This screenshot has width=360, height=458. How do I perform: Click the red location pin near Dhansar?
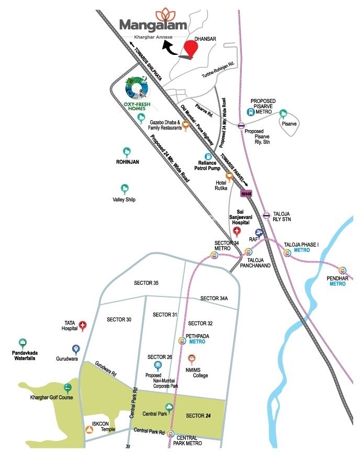click(192, 49)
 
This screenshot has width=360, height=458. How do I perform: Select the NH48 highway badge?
click(245, 193)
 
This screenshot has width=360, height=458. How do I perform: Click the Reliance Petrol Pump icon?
click(208, 156)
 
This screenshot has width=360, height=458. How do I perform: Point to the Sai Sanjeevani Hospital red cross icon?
click(237, 231)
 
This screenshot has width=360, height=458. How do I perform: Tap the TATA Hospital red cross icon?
click(82, 326)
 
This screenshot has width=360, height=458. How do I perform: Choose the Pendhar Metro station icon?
click(343, 270)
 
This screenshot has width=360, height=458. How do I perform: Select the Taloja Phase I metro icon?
click(287, 253)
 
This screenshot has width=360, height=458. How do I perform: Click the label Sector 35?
click(146, 283)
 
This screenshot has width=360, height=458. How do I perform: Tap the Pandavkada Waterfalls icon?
click(22, 343)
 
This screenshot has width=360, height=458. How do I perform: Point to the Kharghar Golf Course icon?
click(67, 388)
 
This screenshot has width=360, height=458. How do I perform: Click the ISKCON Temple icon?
click(89, 430)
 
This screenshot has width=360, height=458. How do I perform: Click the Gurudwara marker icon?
click(76, 349)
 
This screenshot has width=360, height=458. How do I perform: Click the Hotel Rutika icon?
click(229, 176)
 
